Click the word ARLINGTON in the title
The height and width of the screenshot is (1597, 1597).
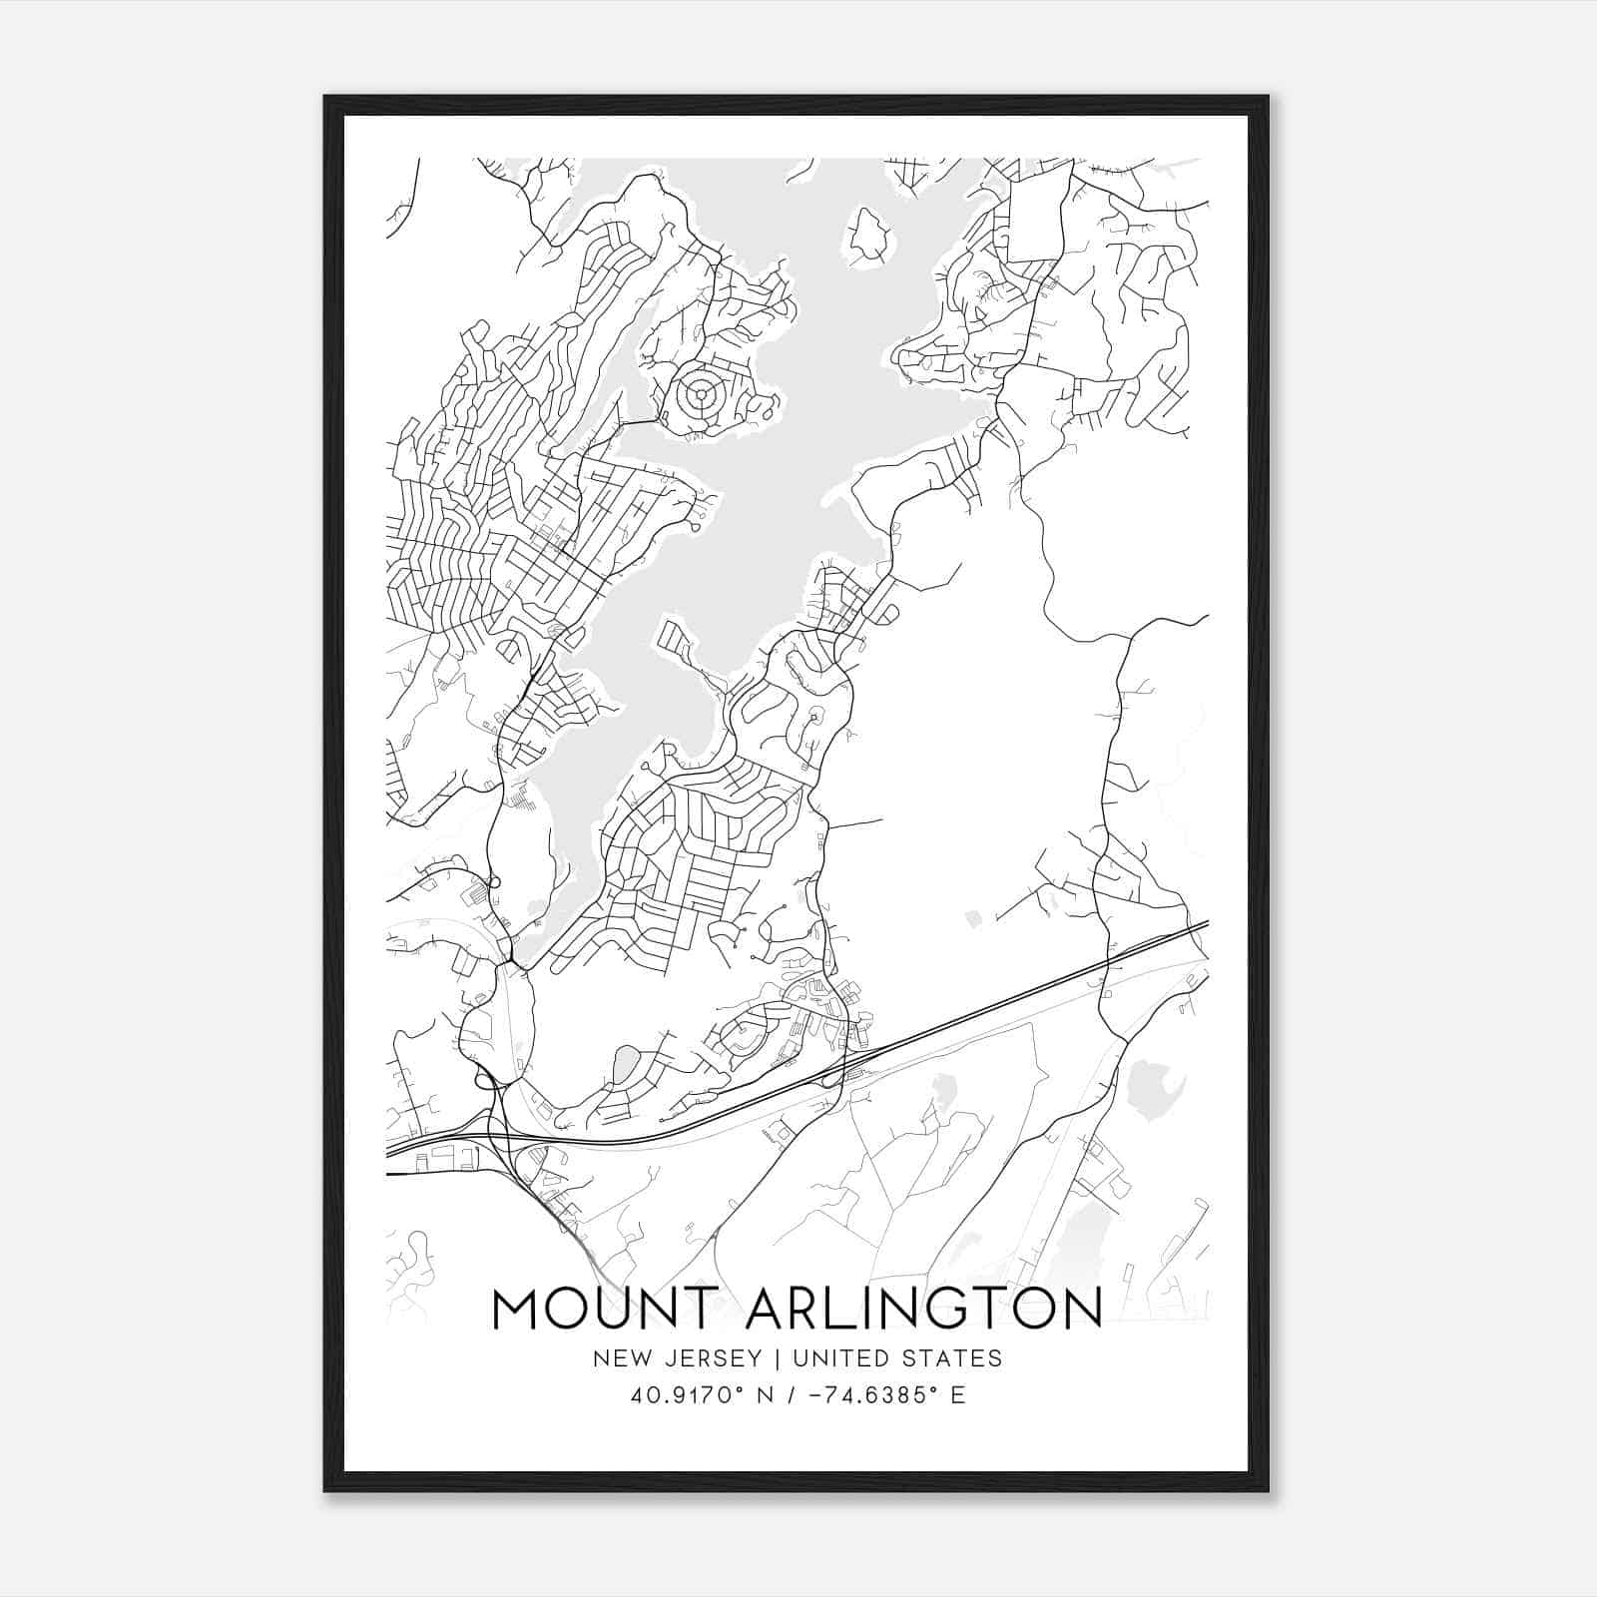923,1309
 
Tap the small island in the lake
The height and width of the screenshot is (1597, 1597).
868,237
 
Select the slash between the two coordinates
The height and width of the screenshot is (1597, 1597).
790,1395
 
